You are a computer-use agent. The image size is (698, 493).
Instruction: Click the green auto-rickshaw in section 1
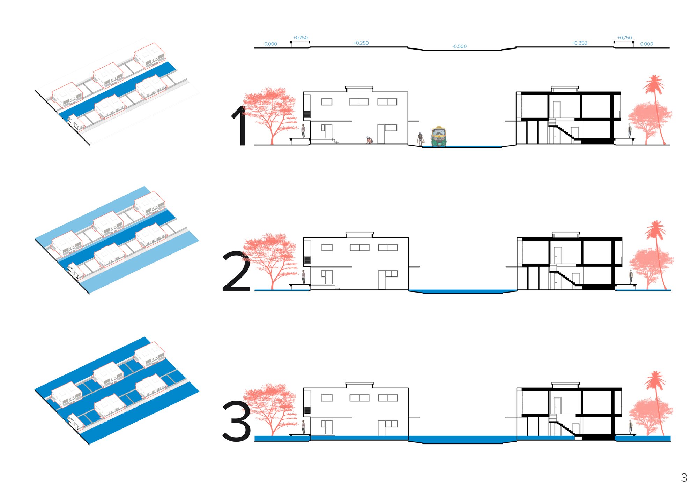(439, 136)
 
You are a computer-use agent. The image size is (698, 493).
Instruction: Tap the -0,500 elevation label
(459, 46)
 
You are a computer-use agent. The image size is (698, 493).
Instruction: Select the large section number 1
(240, 125)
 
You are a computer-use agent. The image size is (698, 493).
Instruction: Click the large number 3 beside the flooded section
(237, 421)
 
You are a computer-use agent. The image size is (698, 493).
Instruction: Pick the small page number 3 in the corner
(684, 478)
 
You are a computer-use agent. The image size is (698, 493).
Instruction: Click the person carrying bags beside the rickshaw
(421, 138)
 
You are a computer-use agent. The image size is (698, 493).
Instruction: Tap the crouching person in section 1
(369, 139)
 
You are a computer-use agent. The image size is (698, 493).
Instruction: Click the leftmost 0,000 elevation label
(270, 44)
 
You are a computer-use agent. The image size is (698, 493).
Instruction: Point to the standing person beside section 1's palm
(630, 131)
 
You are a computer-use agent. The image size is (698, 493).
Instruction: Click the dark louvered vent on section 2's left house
(307, 260)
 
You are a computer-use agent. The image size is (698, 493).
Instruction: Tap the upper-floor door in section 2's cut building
(558, 255)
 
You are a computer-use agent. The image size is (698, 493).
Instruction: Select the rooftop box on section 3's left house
(359, 385)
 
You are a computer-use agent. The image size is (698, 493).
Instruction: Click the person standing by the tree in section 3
(303, 427)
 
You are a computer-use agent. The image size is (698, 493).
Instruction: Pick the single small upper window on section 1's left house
(327, 102)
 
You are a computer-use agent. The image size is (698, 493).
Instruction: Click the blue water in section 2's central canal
(462, 291)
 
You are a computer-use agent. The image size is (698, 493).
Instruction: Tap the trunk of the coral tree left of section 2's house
(272, 279)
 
